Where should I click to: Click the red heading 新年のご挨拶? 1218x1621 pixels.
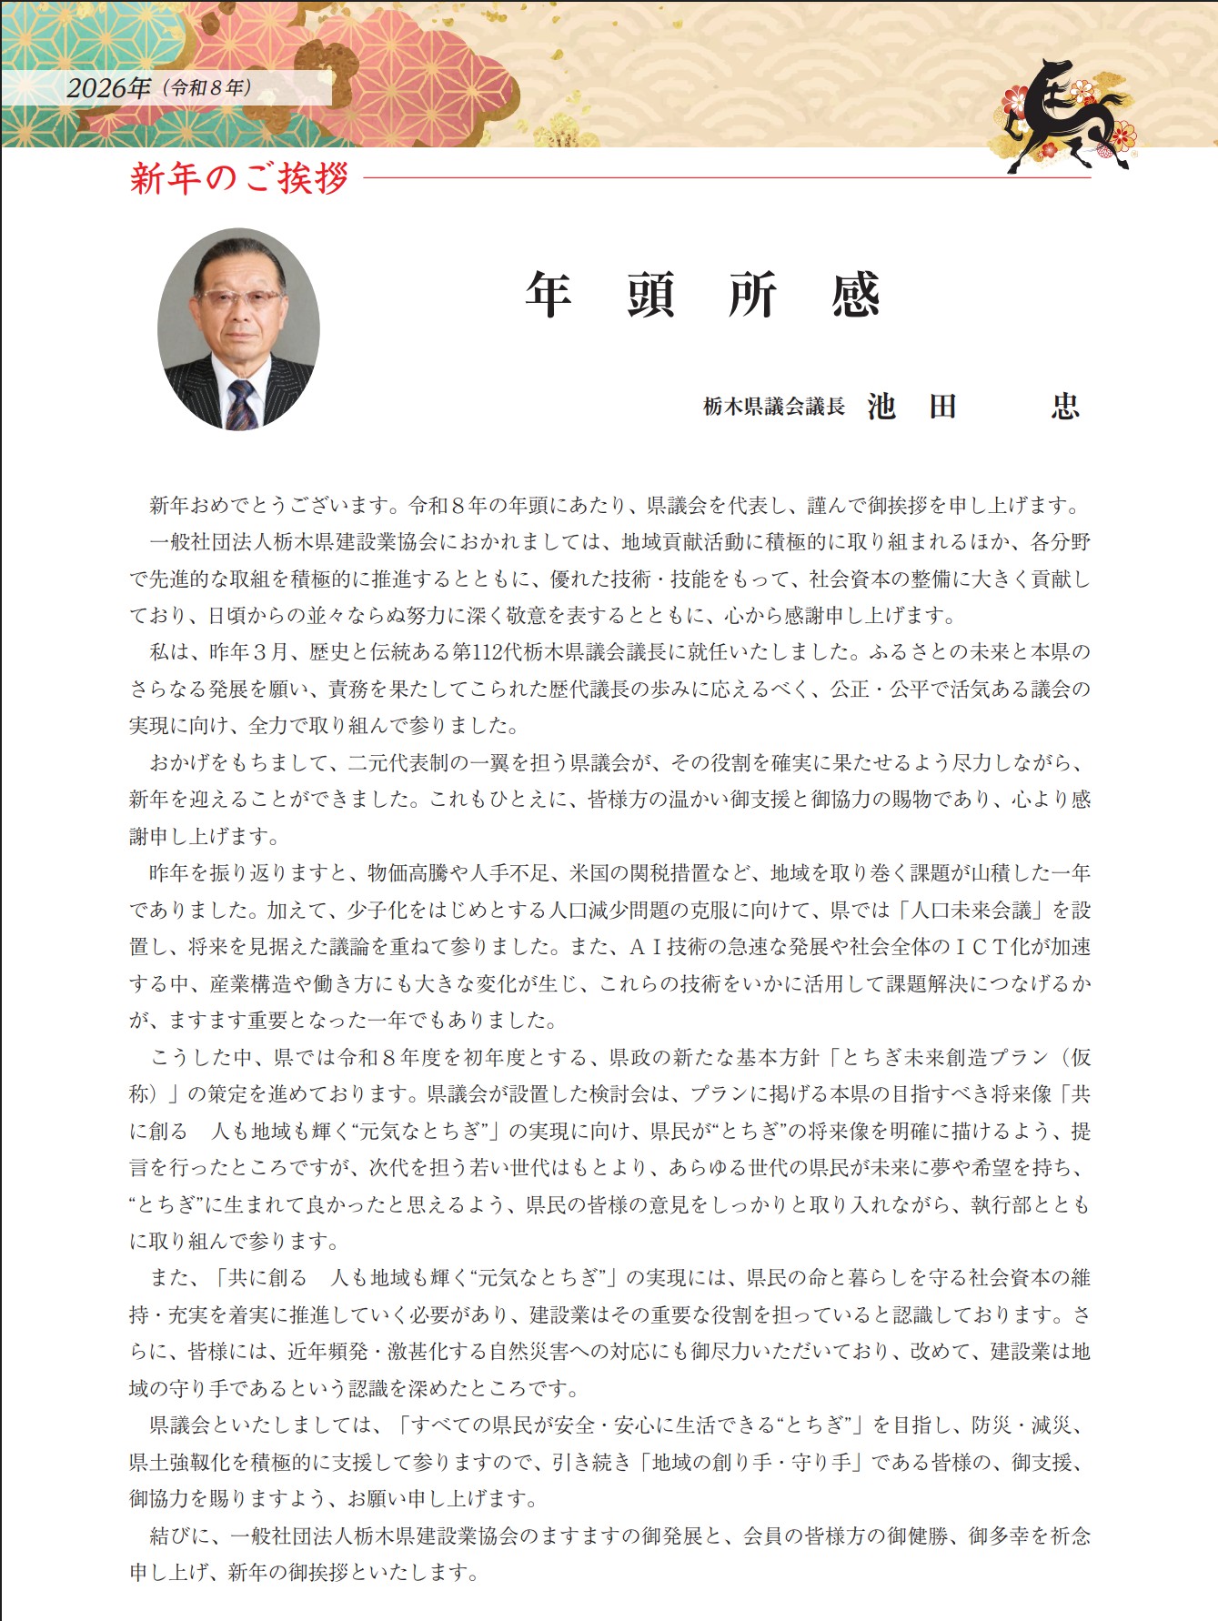pos(239,177)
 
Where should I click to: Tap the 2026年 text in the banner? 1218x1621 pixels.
pos(109,88)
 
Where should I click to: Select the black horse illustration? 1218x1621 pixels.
pos(1064,114)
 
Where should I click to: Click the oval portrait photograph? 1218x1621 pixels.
pos(238,328)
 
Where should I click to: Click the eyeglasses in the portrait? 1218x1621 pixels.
pos(238,297)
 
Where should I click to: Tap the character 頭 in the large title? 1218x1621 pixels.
pos(650,295)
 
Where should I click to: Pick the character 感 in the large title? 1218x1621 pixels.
pos(855,295)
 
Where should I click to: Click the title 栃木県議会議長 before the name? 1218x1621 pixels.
pos(774,407)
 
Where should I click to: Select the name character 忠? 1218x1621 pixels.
pos(1064,406)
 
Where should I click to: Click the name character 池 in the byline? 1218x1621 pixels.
pos(881,406)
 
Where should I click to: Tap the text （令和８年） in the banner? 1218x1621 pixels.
pos(206,88)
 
